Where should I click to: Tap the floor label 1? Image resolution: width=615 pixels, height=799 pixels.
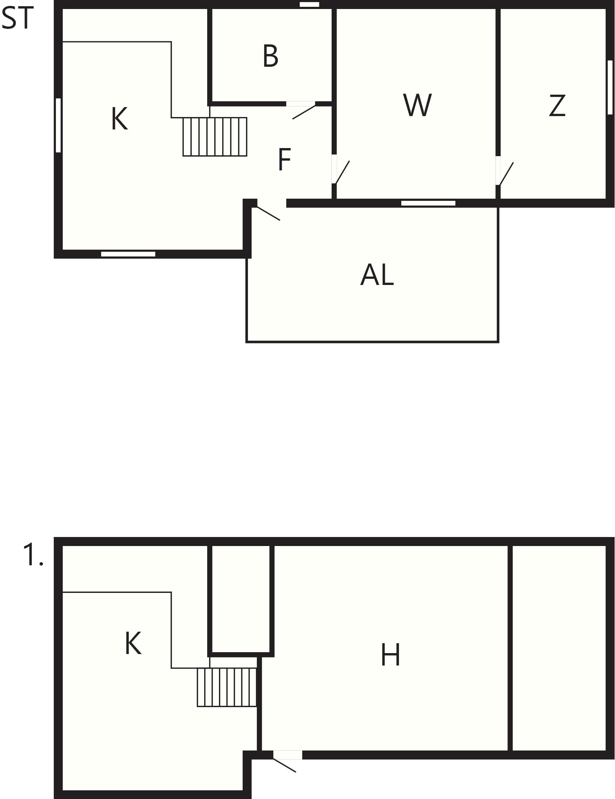click(x=33, y=555)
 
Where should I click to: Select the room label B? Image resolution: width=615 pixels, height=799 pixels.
click(x=271, y=56)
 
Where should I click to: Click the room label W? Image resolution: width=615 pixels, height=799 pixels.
click(x=417, y=105)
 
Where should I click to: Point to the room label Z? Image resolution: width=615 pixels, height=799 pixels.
click(x=557, y=105)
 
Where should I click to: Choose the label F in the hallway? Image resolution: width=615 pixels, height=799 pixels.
click(x=285, y=159)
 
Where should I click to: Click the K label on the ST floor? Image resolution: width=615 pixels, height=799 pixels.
click(x=119, y=118)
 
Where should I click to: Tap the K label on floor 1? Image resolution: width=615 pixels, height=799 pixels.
click(x=133, y=643)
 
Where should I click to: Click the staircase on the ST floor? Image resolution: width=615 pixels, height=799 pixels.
click(x=215, y=137)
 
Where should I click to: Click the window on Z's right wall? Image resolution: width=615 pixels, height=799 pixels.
click(x=610, y=88)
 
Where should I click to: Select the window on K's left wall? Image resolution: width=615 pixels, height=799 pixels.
click(x=58, y=125)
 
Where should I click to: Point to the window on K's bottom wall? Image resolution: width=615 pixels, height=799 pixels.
click(x=128, y=254)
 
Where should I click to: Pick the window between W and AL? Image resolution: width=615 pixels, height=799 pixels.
click(x=428, y=203)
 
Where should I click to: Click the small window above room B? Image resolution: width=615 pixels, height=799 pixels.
click(x=309, y=4)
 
